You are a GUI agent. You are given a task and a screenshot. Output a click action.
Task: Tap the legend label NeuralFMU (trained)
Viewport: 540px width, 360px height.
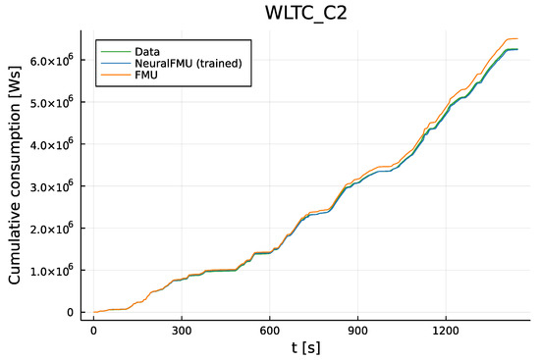click(186, 64)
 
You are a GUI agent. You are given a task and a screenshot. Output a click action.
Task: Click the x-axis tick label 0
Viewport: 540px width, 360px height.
click(93, 332)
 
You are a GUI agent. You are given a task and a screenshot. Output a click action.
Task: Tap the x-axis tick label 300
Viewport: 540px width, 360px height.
click(182, 332)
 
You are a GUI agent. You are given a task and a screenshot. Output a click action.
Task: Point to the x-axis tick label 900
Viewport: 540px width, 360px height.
click(358, 332)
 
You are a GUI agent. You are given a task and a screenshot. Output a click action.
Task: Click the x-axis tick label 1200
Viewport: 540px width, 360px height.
click(447, 332)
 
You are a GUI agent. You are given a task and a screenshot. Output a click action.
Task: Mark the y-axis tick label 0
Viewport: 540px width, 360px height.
click(69, 312)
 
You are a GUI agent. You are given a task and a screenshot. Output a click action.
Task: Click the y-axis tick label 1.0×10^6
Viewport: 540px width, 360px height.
click(52, 270)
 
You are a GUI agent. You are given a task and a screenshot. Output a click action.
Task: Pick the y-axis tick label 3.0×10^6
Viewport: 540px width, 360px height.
click(52, 185)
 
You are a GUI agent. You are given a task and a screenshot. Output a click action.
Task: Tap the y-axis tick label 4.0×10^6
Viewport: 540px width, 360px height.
click(52, 144)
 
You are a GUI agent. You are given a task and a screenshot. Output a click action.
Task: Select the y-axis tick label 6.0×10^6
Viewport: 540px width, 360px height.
click(52, 60)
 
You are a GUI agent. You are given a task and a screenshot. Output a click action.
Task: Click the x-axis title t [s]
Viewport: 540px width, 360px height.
click(306, 348)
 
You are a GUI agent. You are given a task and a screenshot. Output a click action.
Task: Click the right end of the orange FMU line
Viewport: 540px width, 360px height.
click(517, 39)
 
